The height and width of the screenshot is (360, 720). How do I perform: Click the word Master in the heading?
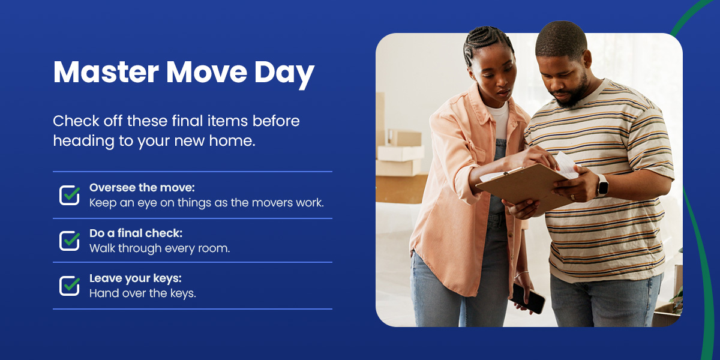pos(106,72)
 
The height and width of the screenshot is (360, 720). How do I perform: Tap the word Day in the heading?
pos(284,74)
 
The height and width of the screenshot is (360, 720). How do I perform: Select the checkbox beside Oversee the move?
pos(70,195)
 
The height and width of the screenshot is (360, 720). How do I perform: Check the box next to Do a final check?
pos(70,241)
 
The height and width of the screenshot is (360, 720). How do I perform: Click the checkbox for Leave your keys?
pos(70,286)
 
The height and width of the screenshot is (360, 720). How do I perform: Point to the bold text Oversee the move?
pos(142,188)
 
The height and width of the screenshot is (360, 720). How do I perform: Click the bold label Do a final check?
pos(136,233)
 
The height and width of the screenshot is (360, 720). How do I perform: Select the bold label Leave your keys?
pos(136,278)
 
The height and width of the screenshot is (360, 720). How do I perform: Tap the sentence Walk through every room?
pos(160,248)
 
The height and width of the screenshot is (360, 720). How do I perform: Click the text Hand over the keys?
pos(142,293)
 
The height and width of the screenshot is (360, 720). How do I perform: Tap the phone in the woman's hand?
pos(528,298)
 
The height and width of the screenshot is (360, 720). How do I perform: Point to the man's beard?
pos(575,93)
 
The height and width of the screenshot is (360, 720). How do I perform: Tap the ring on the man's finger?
pos(572,197)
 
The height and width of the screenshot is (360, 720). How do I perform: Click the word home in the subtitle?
pos(232,141)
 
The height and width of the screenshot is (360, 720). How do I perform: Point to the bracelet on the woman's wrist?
pos(521,274)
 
